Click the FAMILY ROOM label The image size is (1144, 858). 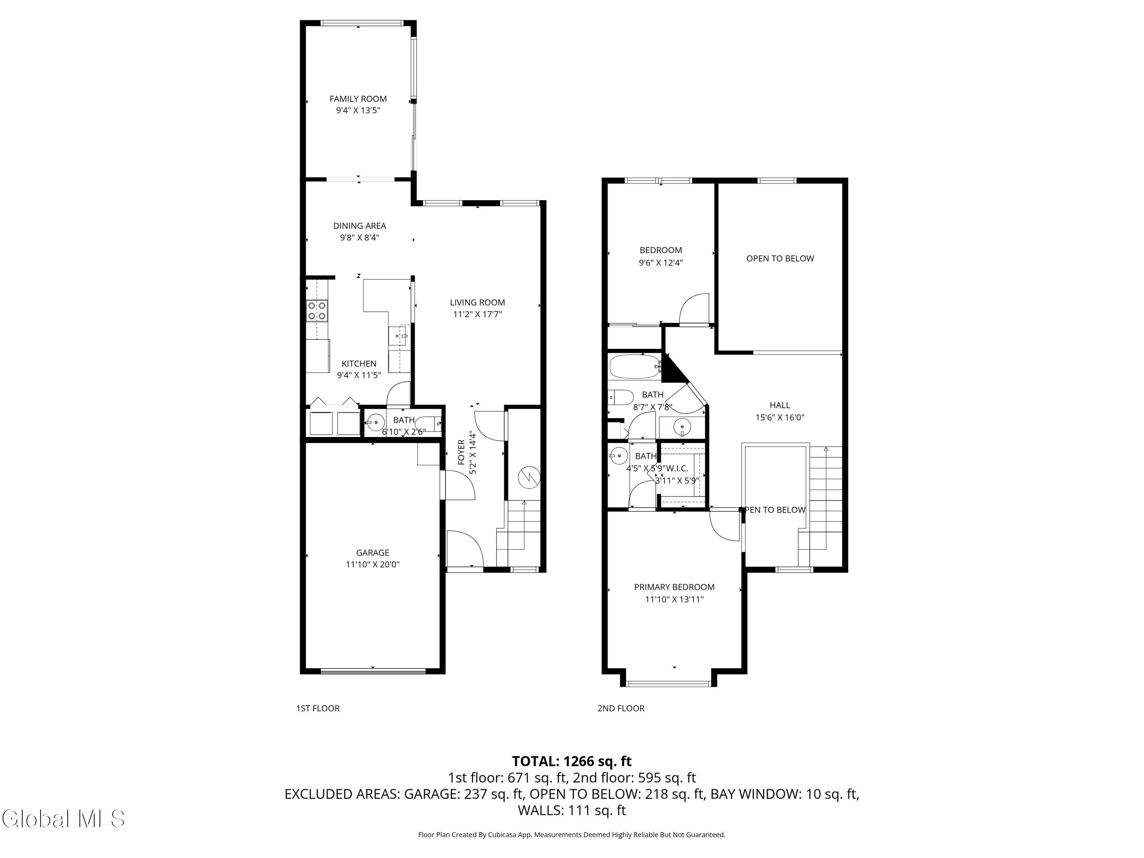358,99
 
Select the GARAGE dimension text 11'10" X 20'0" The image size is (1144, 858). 372,564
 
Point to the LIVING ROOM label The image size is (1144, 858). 477,302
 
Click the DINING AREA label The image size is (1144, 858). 360,225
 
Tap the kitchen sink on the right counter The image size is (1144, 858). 399,336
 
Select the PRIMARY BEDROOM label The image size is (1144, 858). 674,587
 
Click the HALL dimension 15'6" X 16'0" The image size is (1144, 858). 779,417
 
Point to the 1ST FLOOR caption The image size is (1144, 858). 318,708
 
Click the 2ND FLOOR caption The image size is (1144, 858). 620,708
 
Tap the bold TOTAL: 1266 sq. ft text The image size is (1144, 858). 572,761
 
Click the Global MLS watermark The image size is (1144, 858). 63,819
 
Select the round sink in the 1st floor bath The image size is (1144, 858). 376,423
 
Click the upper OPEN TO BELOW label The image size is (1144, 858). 779,259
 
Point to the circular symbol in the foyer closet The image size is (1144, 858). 529,476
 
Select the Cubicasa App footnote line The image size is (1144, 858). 572,834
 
